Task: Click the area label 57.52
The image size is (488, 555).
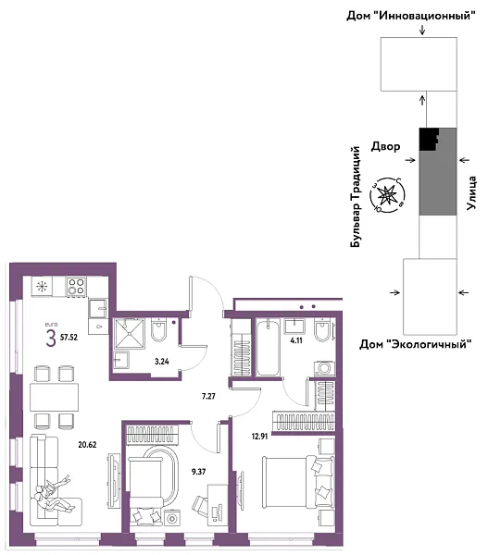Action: click(69, 338)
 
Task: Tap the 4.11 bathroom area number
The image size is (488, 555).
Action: click(298, 340)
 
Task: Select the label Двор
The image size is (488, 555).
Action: click(386, 146)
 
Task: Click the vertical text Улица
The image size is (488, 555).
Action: click(472, 191)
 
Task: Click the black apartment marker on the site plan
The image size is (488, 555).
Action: click(427, 139)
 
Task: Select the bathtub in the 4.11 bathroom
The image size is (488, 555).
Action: click(266, 347)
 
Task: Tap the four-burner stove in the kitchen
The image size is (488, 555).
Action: click(75, 288)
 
